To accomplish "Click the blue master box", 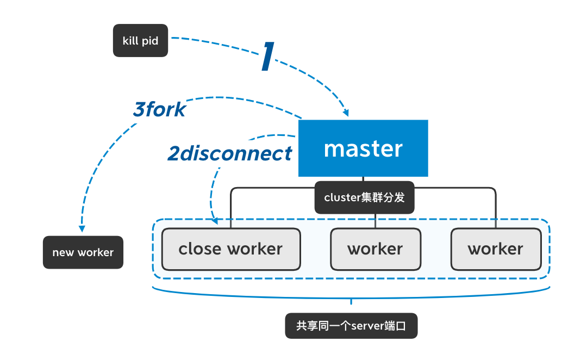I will [363, 148].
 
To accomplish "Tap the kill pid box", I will [140, 41].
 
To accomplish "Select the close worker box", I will [231, 249].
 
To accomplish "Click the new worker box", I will [83, 252].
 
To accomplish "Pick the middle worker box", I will [375, 249].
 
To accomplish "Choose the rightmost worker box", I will [496, 249].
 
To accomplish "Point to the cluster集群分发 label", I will [364, 197].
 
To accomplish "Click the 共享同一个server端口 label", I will [351, 326].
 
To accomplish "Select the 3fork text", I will [159, 110].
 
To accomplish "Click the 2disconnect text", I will [229, 154].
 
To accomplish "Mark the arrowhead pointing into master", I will [346, 113].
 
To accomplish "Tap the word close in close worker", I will [201, 249].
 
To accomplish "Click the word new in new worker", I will [63, 252].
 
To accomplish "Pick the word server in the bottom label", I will [368, 326].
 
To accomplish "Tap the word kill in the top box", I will [130, 41].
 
